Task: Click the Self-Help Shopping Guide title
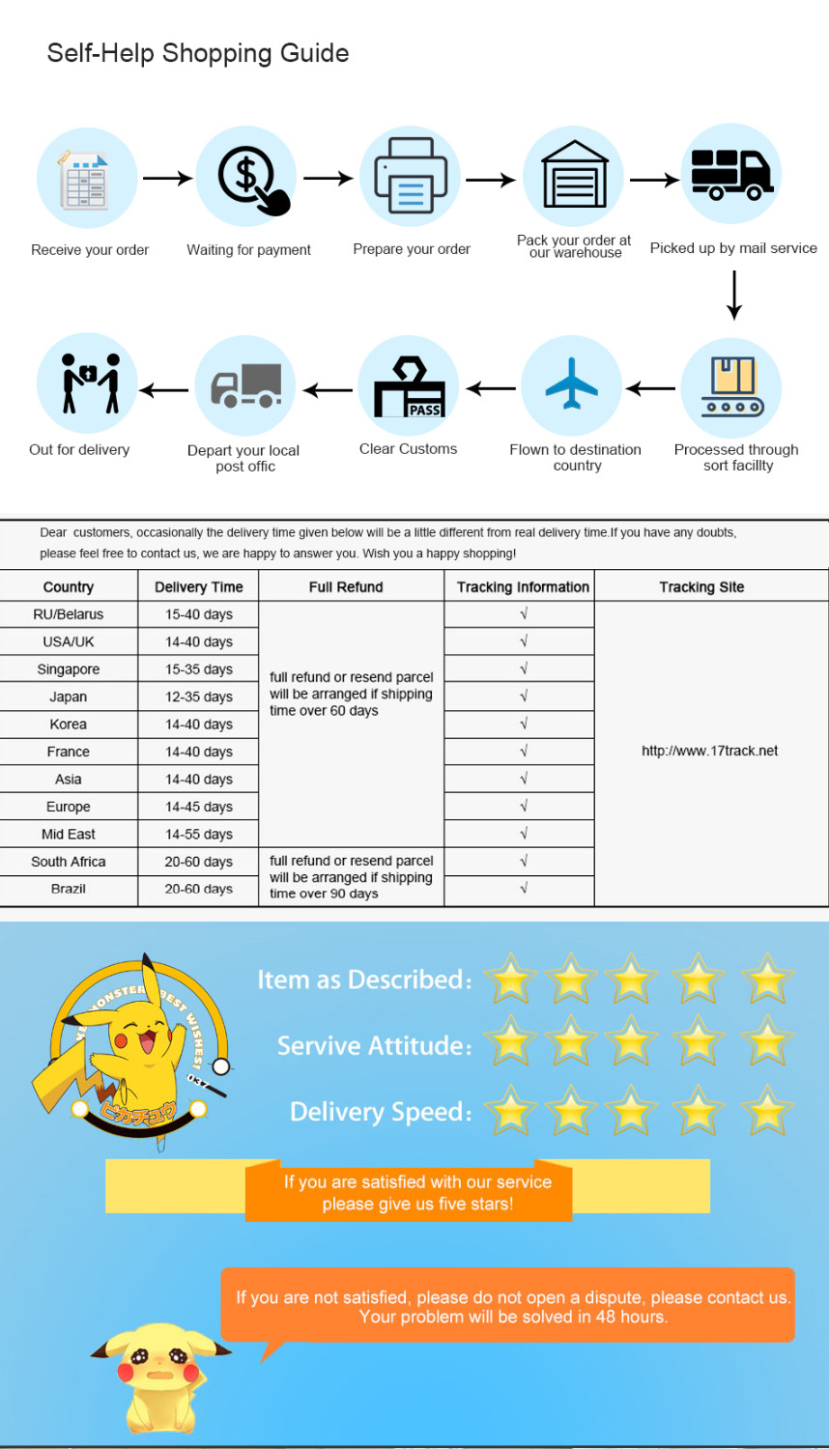click(198, 53)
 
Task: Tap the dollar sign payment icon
click(248, 178)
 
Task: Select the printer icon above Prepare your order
click(411, 177)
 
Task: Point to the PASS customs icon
click(410, 388)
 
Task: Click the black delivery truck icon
click(731, 175)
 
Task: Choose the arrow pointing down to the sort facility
click(734, 295)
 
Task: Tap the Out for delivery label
click(79, 449)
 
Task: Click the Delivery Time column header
click(198, 587)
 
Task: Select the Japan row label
click(69, 696)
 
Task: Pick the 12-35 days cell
click(198, 696)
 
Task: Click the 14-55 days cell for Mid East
click(198, 834)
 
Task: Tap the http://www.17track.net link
click(709, 751)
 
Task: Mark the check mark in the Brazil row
click(524, 888)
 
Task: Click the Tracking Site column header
click(701, 587)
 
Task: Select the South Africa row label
click(69, 862)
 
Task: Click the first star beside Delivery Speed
click(510, 1111)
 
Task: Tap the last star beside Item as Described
click(767, 979)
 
